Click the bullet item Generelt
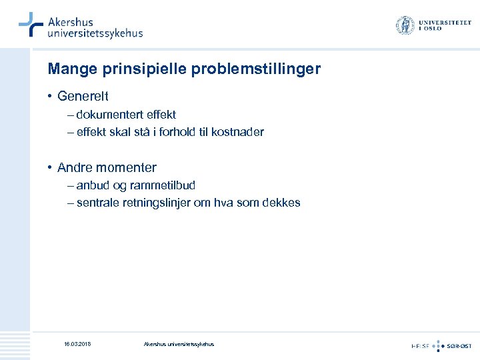coord(83,97)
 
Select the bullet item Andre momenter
coord(107,167)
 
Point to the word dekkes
coord(284,203)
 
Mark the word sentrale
coord(97,203)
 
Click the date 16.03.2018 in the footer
coord(77,344)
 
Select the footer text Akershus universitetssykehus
coord(179,344)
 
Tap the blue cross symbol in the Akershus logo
coord(31,25)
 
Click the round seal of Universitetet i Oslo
coord(405,26)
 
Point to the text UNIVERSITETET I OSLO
coord(444,26)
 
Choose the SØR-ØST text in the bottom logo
coord(459,345)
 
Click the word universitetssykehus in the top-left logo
coord(95,33)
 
